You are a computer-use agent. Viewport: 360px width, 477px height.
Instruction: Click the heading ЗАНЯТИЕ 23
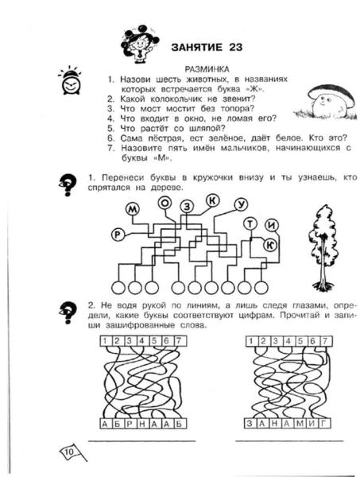click(x=207, y=48)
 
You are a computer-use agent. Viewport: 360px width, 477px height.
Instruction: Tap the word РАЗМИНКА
click(x=207, y=70)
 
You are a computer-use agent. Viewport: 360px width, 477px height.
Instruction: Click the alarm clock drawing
click(x=71, y=80)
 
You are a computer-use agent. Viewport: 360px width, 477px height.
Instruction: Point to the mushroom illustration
click(x=325, y=103)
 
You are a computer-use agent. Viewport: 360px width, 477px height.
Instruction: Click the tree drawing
click(x=323, y=247)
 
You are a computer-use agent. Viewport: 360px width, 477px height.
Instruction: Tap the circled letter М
click(x=133, y=209)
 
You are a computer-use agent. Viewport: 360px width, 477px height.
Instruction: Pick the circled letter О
click(x=165, y=203)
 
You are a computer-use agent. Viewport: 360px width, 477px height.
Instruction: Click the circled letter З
click(x=188, y=207)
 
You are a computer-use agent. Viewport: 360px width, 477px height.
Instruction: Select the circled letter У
click(x=241, y=205)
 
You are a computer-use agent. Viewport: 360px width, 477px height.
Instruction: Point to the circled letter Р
click(x=118, y=235)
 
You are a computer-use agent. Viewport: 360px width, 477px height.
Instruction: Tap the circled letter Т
click(x=250, y=224)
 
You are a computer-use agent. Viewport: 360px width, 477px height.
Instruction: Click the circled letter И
click(x=272, y=226)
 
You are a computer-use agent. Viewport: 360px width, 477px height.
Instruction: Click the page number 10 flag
click(x=72, y=452)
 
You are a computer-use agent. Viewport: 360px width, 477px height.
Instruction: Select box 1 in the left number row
click(x=105, y=341)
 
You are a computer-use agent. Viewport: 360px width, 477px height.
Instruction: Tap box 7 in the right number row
click(x=325, y=341)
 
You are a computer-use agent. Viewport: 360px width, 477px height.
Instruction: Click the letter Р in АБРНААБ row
click(x=130, y=424)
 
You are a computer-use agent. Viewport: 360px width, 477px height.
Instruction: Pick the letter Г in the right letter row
click(x=324, y=423)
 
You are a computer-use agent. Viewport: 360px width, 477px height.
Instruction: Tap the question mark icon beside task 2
click(x=68, y=312)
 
